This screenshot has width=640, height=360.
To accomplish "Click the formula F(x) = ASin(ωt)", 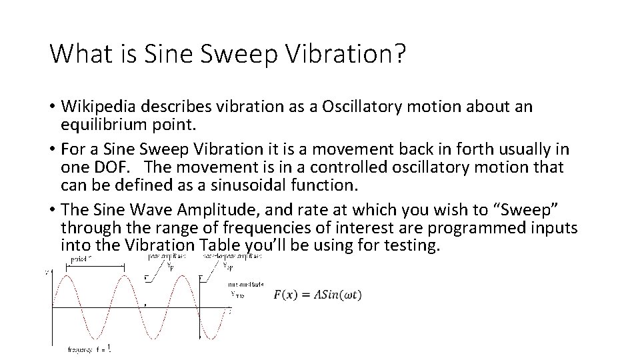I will (x=318, y=295).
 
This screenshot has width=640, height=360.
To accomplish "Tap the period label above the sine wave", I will (x=81, y=257).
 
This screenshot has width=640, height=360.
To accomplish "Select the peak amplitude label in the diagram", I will (x=163, y=255).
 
